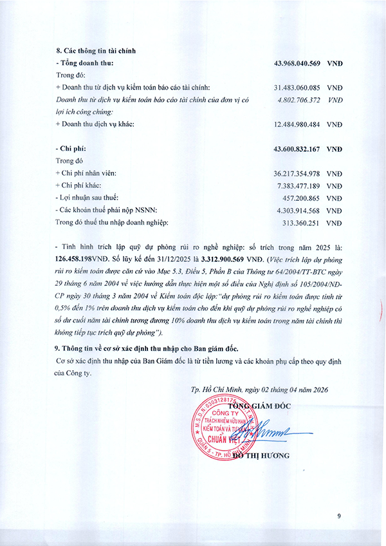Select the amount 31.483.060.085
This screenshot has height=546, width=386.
[x=299, y=88]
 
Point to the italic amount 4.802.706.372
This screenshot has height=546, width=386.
[x=299, y=100]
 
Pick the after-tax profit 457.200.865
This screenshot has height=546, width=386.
[x=303, y=198]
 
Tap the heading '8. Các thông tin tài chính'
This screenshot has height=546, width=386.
[x=95, y=50]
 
